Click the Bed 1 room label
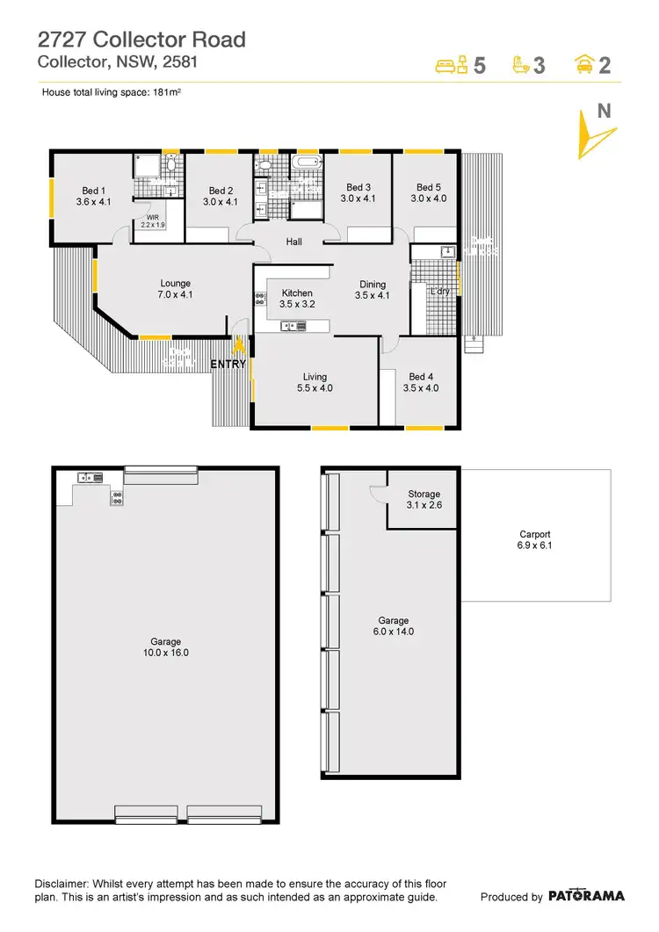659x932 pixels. point(93,196)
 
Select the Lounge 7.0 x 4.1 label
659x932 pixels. point(176,289)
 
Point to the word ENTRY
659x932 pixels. point(228,364)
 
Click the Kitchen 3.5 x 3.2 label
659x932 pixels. point(297,299)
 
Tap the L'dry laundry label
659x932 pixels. point(438,291)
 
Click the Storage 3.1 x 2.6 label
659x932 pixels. point(424,500)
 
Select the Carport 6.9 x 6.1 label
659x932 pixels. point(534,539)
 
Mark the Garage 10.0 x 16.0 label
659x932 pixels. point(167,647)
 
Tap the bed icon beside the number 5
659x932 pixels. point(451,65)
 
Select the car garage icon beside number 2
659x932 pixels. point(581,65)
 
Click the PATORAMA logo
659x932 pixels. point(586,896)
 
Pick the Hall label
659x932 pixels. point(294,242)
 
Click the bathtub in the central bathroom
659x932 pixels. point(307,163)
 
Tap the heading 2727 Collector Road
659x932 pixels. point(141,40)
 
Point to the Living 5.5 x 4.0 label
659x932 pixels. point(315,382)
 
